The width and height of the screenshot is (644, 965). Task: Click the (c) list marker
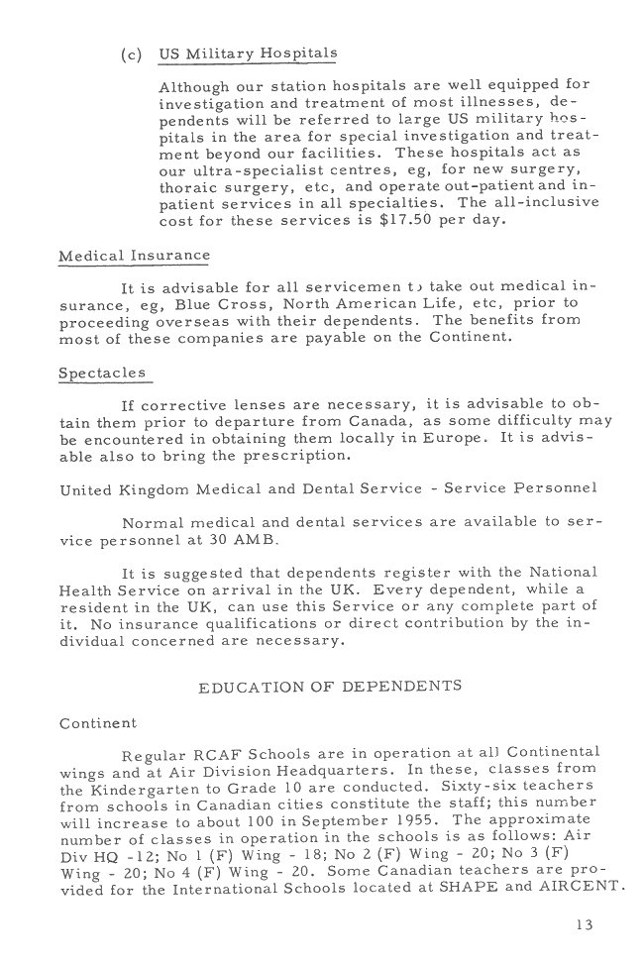132,54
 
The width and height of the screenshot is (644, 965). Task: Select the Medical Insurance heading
135,255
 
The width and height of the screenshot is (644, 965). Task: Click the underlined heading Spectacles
102,373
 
